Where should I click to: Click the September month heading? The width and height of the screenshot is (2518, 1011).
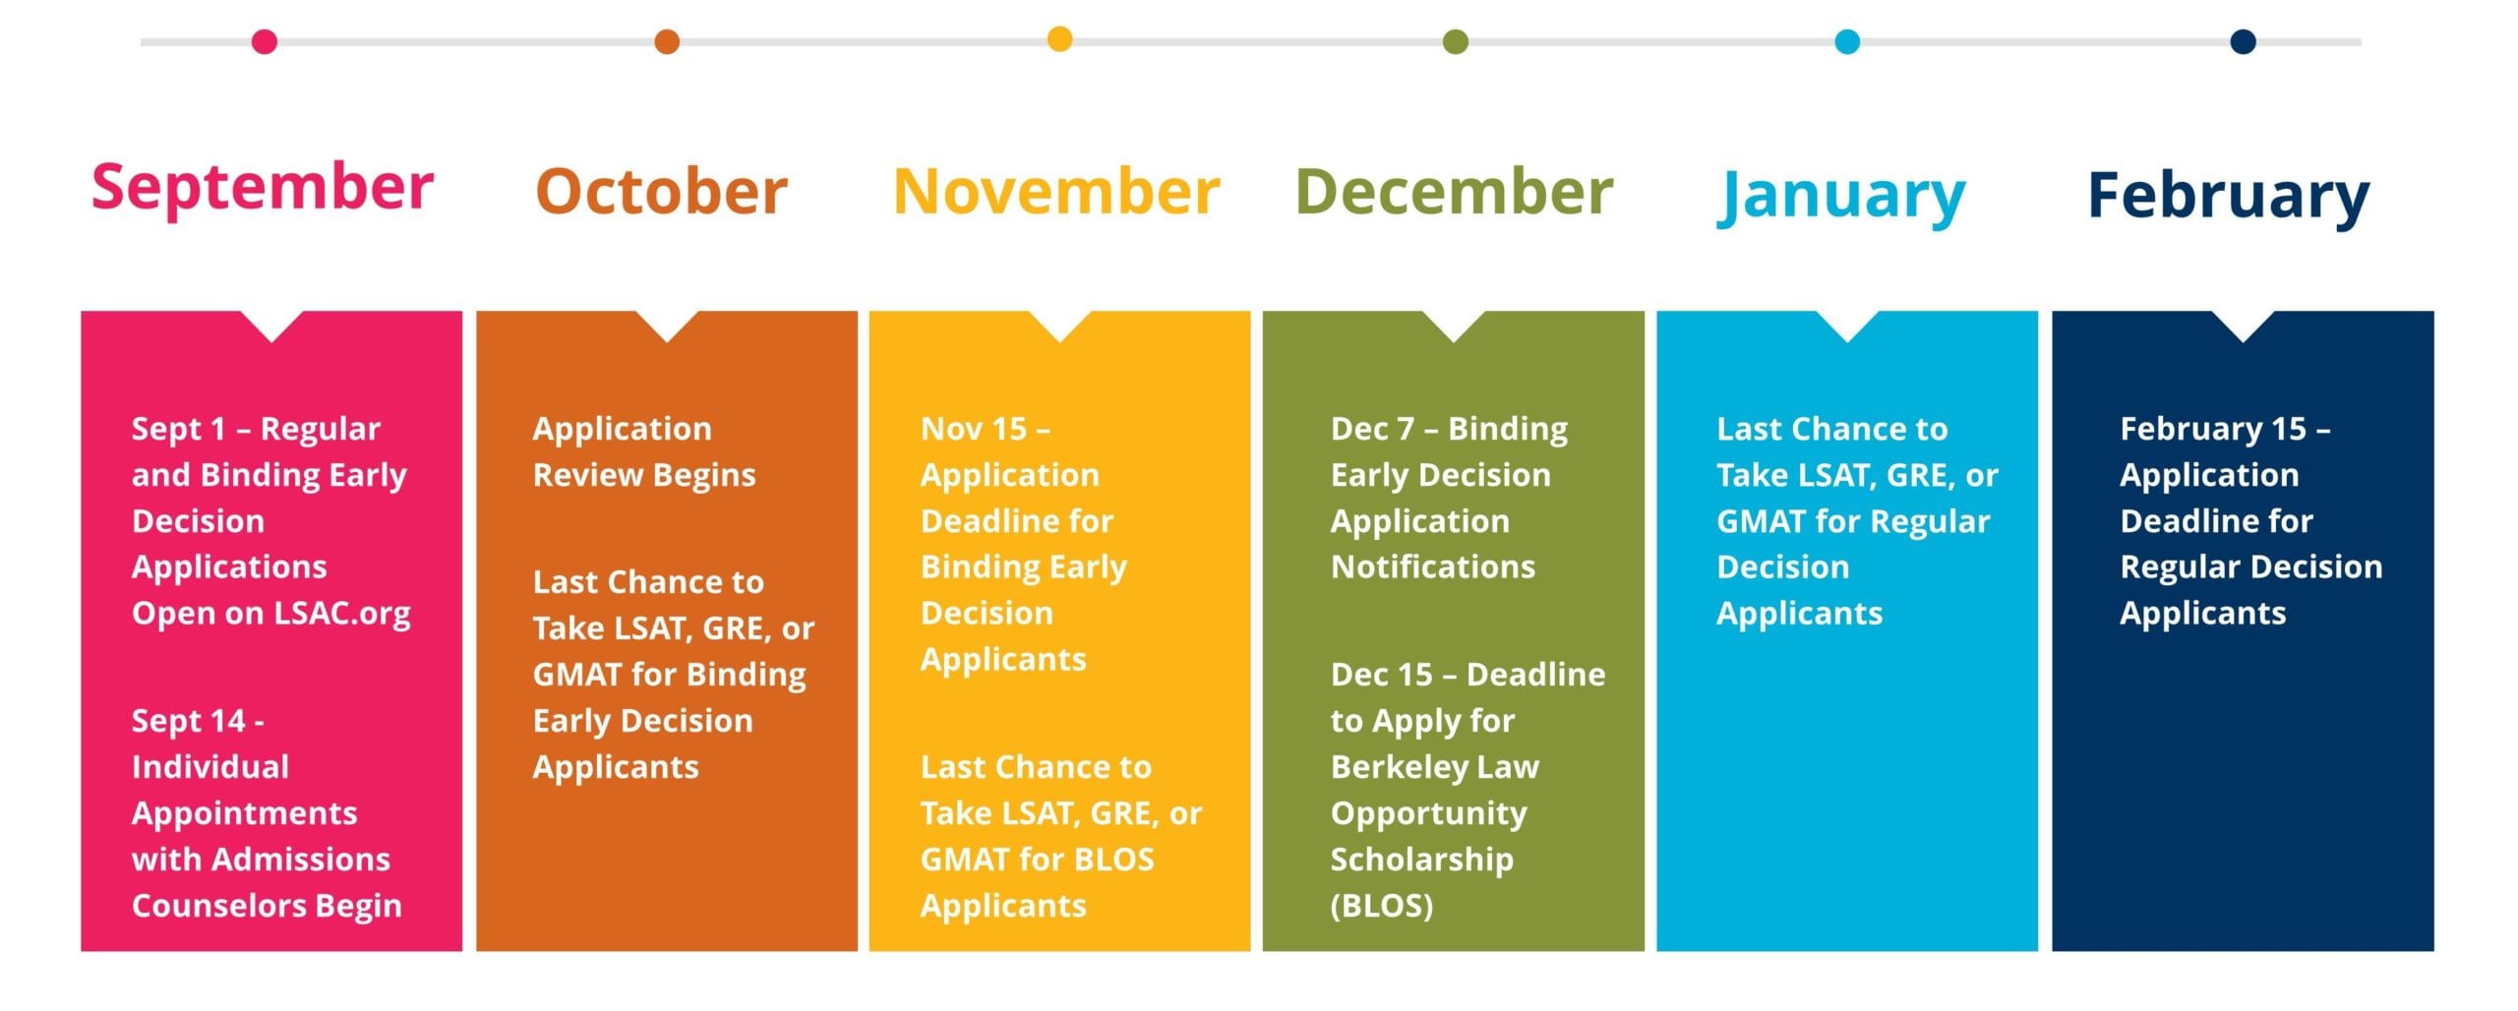tap(263, 189)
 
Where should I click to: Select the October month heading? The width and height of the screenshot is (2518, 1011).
tap(662, 191)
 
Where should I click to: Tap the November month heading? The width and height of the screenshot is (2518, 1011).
tap(1056, 191)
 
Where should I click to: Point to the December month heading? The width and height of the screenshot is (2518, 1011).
tap(1454, 191)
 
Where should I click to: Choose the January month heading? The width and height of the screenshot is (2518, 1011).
tap(1841, 197)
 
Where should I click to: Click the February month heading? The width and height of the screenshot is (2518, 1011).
tap(2229, 197)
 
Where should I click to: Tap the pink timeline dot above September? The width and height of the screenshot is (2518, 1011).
tap(265, 41)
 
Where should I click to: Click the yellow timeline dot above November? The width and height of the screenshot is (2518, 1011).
tap(1059, 39)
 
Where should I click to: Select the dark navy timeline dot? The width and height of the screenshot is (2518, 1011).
tap(2243, 41)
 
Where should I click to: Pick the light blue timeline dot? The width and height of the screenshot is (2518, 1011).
tap(1847, 41)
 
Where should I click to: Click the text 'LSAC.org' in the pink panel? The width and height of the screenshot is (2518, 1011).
tap(342, 614)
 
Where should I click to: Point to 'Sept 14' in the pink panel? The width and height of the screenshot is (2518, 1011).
tap(188, 721)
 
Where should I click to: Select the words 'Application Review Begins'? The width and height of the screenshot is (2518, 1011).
tap(644, 451)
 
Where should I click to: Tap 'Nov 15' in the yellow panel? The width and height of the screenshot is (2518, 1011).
tap(974, 429)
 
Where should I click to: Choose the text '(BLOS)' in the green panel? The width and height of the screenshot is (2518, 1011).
tap(1381, 906)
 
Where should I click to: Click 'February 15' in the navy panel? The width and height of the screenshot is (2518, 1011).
tap(2213, 430)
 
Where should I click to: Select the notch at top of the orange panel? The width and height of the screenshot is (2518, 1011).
tap(667, 325)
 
